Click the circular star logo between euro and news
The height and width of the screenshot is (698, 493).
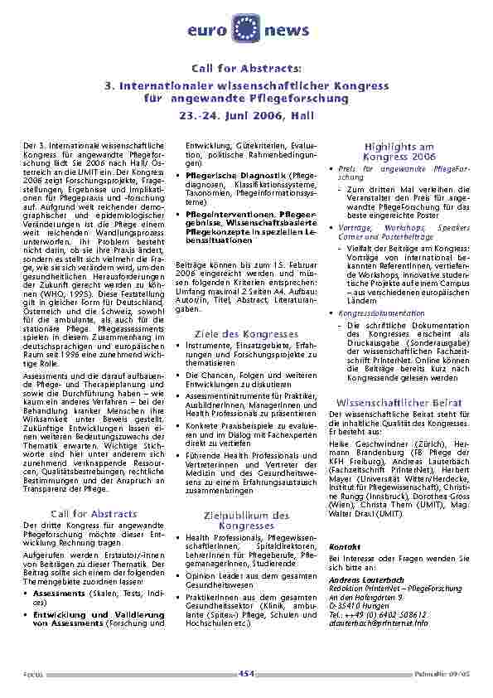click(x=246, y=27)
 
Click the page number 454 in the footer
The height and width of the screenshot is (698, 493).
click(x=246, y=673)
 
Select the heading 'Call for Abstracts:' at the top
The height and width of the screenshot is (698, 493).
click(x=246, y=68)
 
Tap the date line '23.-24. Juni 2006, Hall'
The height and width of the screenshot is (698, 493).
click(x=246, y=116)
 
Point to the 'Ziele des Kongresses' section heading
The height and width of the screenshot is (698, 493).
click(x=246, y=333)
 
